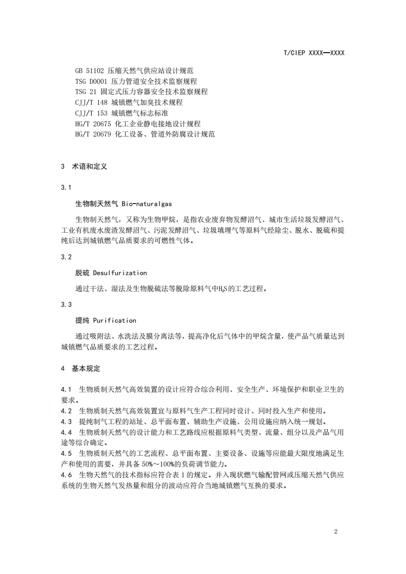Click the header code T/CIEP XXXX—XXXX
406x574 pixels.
point(313,53)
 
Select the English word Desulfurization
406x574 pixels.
point(120,273)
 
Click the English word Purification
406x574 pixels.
point(114,320)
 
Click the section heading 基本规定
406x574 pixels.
point(86,368)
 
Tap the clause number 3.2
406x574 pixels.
point(66,257)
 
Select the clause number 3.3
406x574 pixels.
point(66,304)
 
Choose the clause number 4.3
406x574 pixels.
point(66,422)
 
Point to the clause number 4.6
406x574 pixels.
point(66,475)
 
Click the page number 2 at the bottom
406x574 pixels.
point(335,531)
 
